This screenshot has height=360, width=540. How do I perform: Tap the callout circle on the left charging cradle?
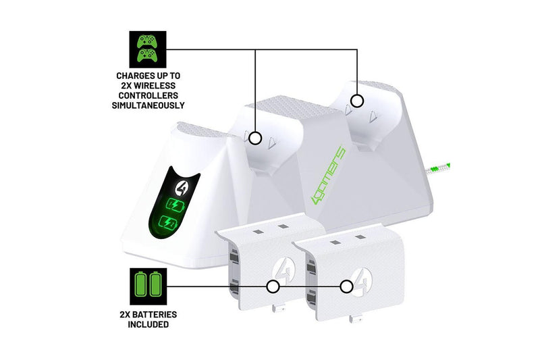pos(255,137)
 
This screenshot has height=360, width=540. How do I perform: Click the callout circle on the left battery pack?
pos(273,286)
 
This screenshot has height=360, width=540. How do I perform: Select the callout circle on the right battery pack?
pos(346,286)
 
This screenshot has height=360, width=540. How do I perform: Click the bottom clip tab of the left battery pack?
pos(276,310)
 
